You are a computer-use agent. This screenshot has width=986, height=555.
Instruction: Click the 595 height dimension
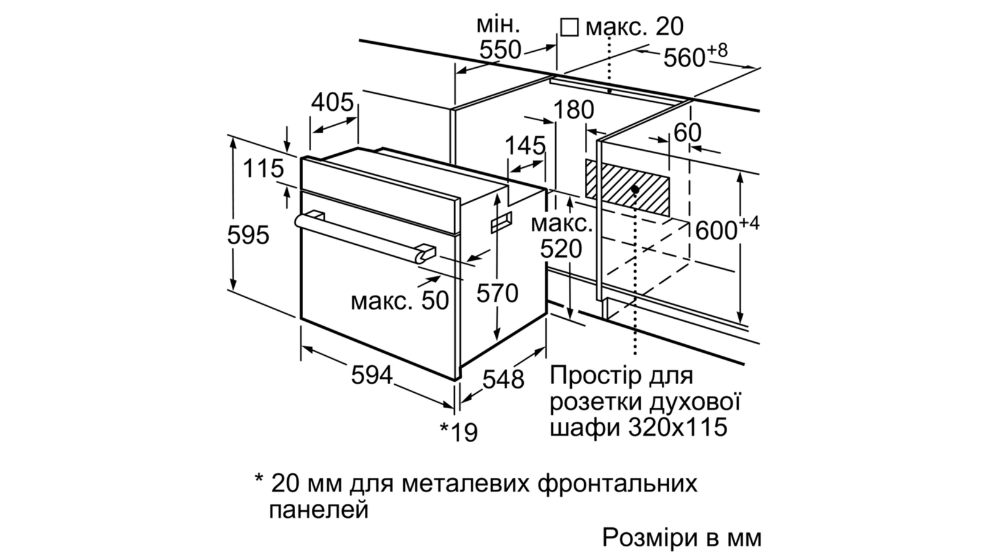click(248, 235)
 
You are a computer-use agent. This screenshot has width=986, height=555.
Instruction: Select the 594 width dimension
click(372, 376)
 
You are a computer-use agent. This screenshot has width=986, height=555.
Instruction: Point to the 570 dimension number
click(497, 293)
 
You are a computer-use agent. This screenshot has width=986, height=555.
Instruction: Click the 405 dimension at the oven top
click(332, 102)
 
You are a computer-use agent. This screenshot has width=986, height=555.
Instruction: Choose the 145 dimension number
click(525, 145)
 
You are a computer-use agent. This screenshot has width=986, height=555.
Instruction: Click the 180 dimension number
click(574, 110)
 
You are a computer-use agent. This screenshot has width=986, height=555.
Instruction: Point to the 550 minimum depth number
click(500, 49)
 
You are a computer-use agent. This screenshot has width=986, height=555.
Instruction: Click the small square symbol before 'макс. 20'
click(569, 27)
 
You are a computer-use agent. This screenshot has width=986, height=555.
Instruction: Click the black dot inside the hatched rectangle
click(635, 189)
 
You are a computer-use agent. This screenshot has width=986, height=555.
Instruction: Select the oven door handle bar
click(365, 238)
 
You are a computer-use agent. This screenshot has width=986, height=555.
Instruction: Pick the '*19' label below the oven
click(458, 432)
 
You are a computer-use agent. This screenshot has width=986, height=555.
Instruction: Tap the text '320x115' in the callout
click(678, 427)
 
